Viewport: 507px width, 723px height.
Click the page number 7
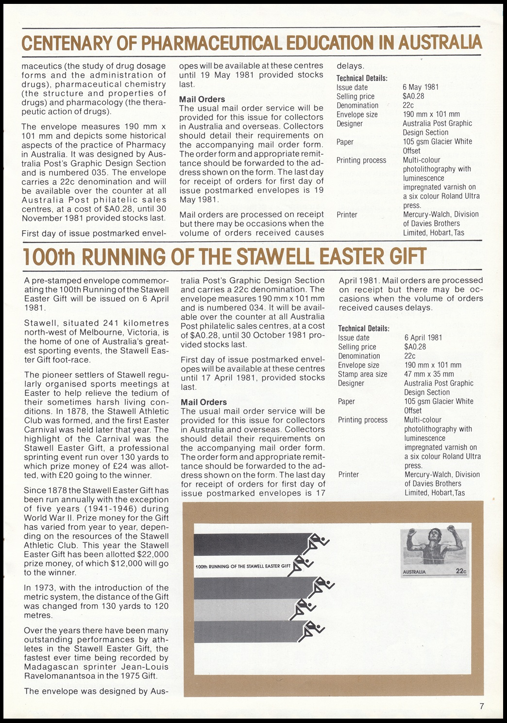tap(481, 706)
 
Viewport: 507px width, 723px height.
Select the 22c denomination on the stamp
tap(461, 572)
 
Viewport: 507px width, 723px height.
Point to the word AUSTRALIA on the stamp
tap(414, 572)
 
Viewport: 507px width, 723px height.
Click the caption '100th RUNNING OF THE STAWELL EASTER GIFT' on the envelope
tap(242, 566)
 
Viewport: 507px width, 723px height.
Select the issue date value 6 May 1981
tap(420, 87)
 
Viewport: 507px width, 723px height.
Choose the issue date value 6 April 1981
tap(423, 337)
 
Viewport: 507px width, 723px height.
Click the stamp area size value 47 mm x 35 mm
tap(429, 374)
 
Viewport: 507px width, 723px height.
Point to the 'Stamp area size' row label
tap(362, 374)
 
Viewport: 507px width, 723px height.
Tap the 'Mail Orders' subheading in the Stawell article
tap(203, 402)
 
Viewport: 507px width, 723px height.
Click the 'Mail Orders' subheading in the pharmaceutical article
tap(202, 99)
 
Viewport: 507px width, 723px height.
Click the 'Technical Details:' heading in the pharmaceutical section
tap(362, 78)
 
